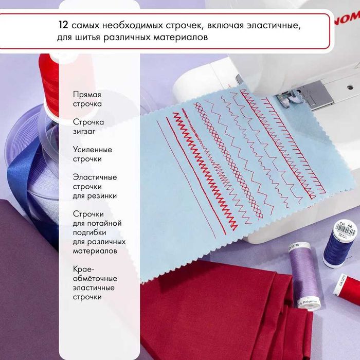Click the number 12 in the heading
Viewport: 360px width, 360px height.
(x=64, y=25)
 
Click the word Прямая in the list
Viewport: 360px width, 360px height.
(x=87, y=95)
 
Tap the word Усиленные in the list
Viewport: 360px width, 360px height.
(x=93, y=150)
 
